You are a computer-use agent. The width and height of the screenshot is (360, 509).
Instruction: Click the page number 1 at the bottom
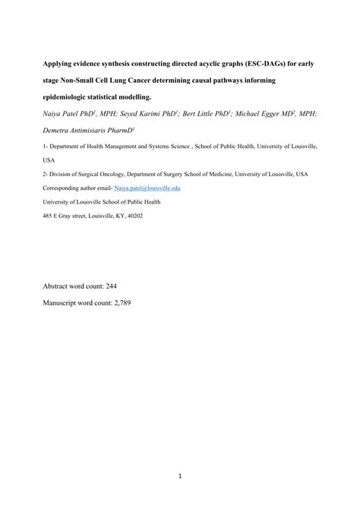(x=180, y=477)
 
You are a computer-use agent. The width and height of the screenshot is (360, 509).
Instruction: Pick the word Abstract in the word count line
(x=57, y=286)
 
